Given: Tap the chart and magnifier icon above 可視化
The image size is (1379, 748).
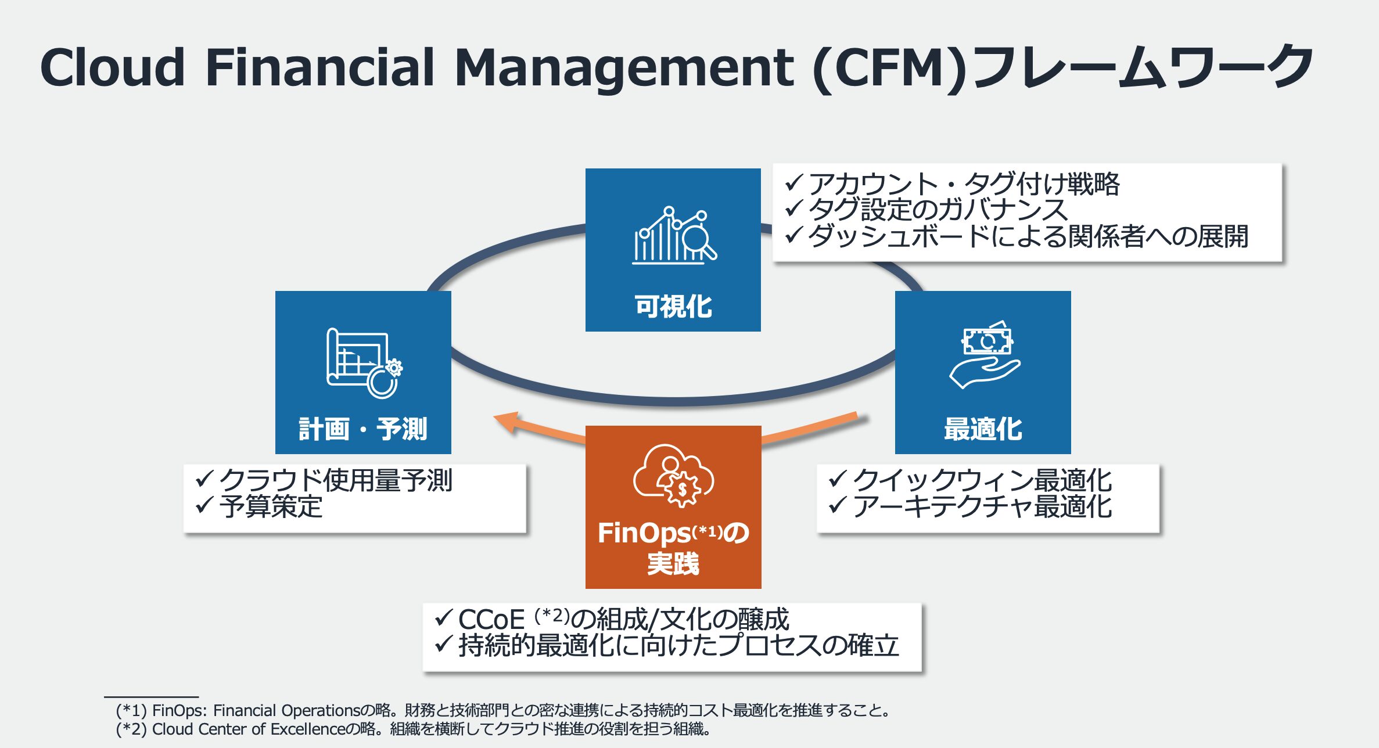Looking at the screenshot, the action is point(674,235).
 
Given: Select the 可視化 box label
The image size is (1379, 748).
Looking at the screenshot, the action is point(673,306).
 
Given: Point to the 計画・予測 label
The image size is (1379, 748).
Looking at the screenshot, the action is point(363,429).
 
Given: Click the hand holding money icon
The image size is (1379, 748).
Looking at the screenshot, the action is point(985,354).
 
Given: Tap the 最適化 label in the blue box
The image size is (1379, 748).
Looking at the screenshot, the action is point(983,429).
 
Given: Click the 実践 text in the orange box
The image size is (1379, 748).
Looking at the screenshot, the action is point(673,563).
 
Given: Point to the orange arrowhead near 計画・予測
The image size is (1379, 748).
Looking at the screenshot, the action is point(507,422).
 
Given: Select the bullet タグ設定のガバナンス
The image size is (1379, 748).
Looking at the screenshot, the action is point(926,210).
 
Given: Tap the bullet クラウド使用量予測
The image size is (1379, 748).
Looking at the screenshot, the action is point(324,481).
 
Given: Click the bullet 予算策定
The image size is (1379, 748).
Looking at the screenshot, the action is point(258,506).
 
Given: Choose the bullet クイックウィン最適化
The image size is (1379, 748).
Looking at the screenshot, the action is point(970,481).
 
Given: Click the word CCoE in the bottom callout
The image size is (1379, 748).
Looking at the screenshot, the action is point(491,619).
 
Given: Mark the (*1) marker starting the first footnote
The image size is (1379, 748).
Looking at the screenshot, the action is point(131,710).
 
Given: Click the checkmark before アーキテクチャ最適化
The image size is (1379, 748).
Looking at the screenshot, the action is point(837,505).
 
